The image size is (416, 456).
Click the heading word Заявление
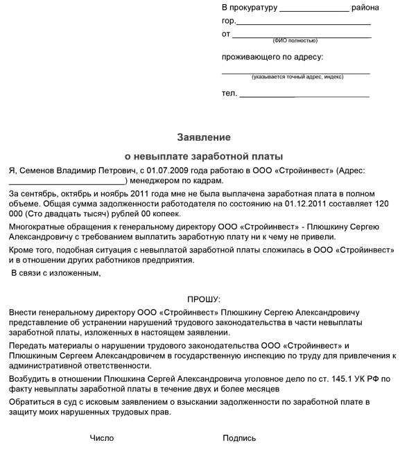tap(203, 137)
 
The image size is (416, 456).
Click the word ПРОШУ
tap(203, 299)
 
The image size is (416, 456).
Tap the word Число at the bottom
tap(102, 438)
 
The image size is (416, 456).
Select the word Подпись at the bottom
tap(239, 438)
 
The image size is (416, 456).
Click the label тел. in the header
tap(229, 93)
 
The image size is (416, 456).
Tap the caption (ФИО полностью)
tap(295, 41)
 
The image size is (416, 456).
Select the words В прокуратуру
tap(250, 8)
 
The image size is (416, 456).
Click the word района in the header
tap(365, 8)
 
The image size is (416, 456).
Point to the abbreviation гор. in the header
tap(228, 21)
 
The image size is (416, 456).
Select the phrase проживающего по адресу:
tap(272, 57)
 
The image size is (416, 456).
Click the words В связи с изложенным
tap(56, 273)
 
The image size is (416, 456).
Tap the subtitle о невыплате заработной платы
tap(203, 156)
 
